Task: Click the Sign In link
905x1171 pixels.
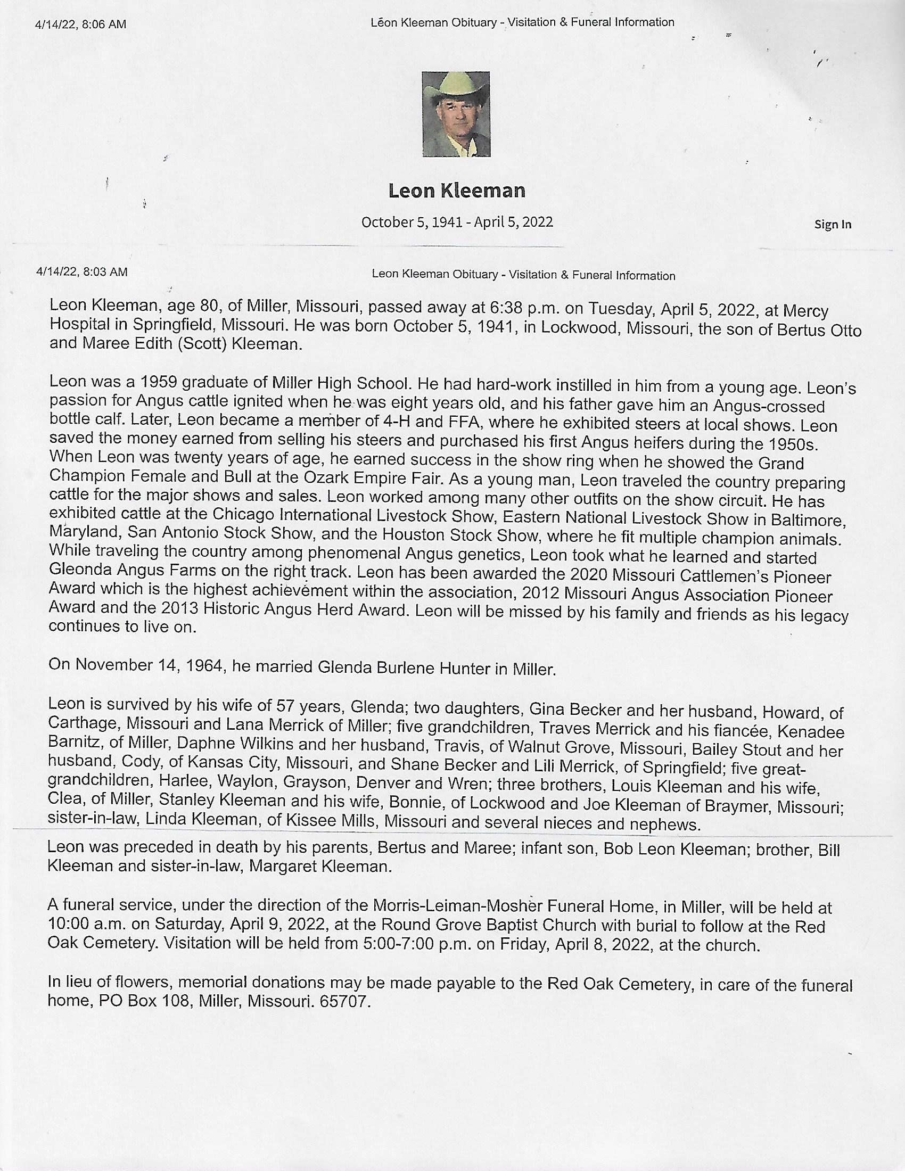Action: (832, 224)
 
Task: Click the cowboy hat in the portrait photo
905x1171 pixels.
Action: (455, 85)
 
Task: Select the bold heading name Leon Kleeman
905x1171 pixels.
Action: (457, 191)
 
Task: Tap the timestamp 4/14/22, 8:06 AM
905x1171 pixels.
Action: (80, 24)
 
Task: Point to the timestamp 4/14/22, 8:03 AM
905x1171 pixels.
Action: (81, 272)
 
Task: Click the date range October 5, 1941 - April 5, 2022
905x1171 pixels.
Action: (457, 222)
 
